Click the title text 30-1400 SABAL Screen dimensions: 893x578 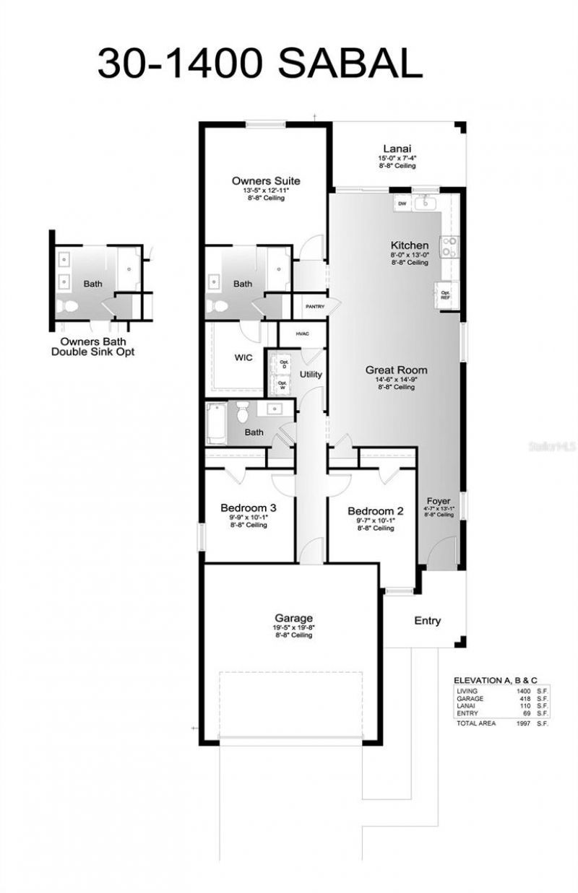click(259, 64)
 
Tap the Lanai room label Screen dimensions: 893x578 click(397, 149)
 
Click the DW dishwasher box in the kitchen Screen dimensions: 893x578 click(402, 205)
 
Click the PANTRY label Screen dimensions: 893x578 click(315, 307)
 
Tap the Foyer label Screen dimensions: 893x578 click(439, 501)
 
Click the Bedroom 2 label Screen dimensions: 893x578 click(375, 510)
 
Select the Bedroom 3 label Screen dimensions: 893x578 click(248, 508)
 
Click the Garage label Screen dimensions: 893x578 click(293, 618)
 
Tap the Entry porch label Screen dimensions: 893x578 click(427, 621)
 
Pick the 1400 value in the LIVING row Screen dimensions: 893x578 click(524, 692)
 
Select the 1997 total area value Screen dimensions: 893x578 click(524, 723)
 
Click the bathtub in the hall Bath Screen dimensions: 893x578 click(216, 423)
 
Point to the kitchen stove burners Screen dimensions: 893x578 click(449, 248)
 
